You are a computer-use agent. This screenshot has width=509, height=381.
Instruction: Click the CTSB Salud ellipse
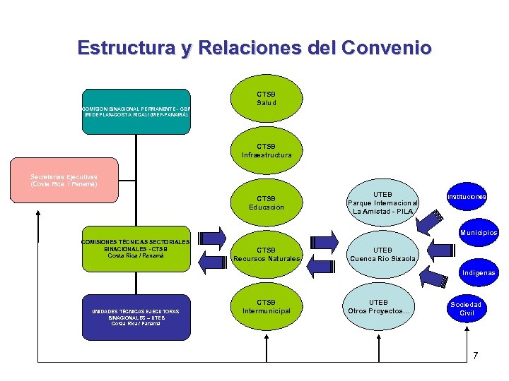pos(267,99)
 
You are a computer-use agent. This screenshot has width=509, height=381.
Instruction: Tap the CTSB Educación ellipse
pos(267,202)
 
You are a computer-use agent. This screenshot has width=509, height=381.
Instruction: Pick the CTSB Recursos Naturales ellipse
pos(267,254)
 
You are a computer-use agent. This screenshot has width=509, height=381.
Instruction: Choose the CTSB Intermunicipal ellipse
pos(267,307)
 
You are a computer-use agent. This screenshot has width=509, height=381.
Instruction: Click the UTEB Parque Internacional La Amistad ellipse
pos(382,202)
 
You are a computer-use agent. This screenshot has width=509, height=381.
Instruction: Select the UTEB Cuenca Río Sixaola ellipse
pos(382,254)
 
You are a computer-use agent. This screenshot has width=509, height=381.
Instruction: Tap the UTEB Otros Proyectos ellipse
pos(382,307)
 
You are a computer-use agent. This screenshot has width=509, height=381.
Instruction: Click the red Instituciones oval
pos(467,197)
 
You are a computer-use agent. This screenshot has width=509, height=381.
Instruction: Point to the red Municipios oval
pos(479,232)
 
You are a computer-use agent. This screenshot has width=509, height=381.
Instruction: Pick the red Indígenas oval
pos(479,272)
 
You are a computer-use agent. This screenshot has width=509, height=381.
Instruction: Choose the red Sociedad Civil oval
pos(467,308)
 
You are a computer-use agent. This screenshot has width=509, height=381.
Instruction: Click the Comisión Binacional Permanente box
pos(136,111)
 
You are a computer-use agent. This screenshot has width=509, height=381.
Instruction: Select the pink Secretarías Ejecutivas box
pos(64,181)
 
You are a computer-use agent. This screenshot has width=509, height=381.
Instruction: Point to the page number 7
pos(475,355)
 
